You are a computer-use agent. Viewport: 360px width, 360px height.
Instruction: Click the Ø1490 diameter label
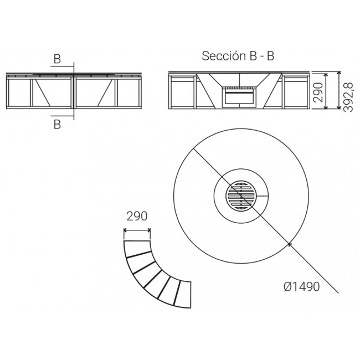301,287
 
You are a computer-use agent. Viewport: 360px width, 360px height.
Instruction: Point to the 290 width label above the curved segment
137,216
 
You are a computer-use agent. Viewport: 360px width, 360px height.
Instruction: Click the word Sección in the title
220,56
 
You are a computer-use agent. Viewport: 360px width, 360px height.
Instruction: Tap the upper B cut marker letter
57,59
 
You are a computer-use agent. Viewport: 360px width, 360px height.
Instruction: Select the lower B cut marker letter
57,125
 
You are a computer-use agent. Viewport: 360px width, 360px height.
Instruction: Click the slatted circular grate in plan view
241,196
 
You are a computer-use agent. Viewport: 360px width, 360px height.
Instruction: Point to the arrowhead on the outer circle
290,245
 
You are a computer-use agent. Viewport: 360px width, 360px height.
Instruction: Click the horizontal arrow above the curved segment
137,230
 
